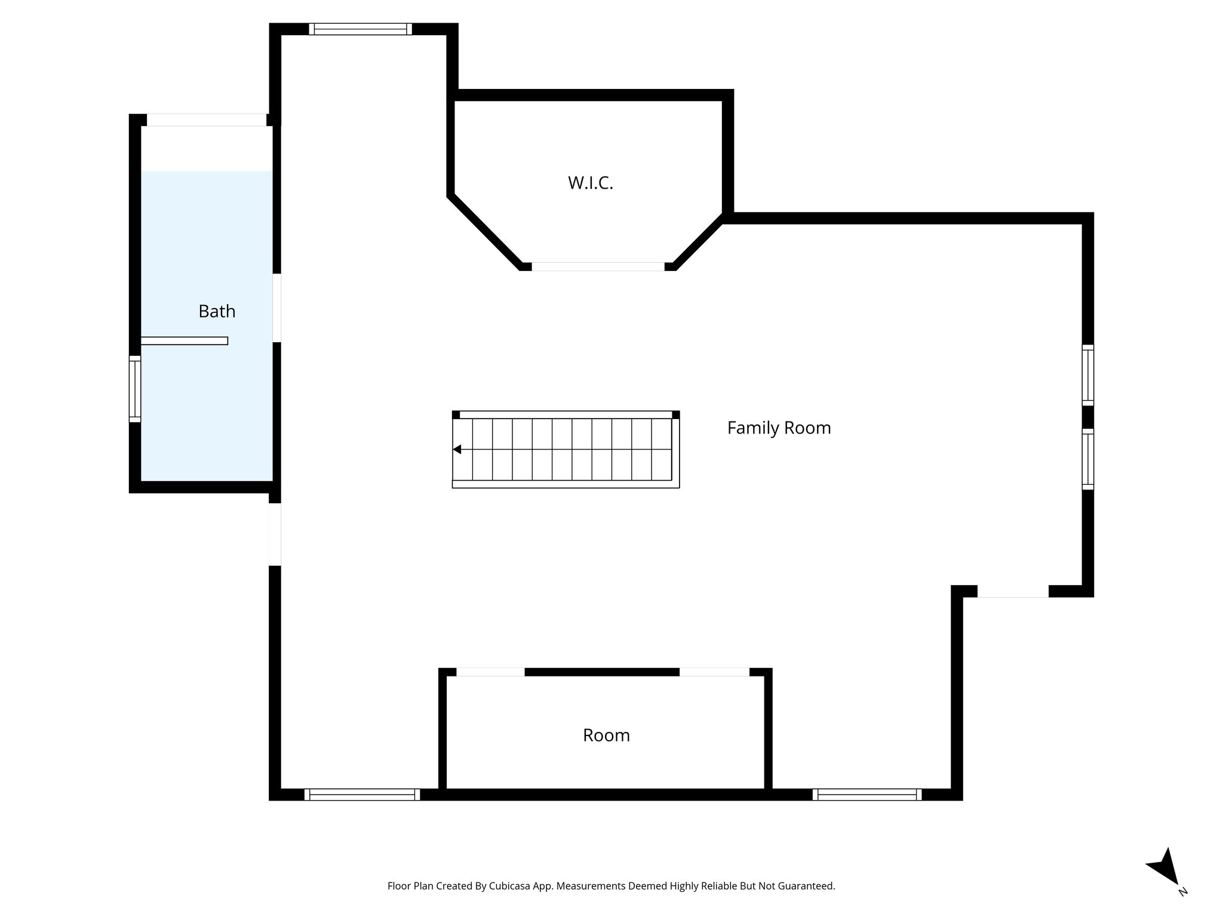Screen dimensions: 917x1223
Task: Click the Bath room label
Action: click(x=217, y=311)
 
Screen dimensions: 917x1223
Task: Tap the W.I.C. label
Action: click(x=590, y=183)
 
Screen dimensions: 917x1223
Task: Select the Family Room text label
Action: click(x=779, y=427)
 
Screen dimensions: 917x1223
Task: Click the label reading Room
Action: click(x=606, y=735)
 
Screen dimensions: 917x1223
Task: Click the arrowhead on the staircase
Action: click(x=457, y=449)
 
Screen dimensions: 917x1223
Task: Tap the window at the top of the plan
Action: click(x=360, y=29)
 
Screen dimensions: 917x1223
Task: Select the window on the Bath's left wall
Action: click(x=135, y=389)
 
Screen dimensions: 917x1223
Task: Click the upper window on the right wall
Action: click(x=1087, y=375)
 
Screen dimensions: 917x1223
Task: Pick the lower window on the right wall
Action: click(x=1087, y=458)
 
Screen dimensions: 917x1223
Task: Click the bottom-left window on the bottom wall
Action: click(x=362, y=794)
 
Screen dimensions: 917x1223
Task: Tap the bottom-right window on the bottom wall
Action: click(x=866, y=794)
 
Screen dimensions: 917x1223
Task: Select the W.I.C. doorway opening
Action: click(x=598, y=266)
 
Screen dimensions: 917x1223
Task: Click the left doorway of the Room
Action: click(x=490, y=672)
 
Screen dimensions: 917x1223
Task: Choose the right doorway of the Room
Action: click(x=714, y=672)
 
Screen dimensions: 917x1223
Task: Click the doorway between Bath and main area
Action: click(x=276, y=307)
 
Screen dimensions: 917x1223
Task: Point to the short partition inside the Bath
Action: click(x=184, y=341)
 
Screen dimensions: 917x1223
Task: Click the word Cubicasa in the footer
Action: click(x=511, y=886)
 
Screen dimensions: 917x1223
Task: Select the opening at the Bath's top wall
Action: click(x=206, y=119)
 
